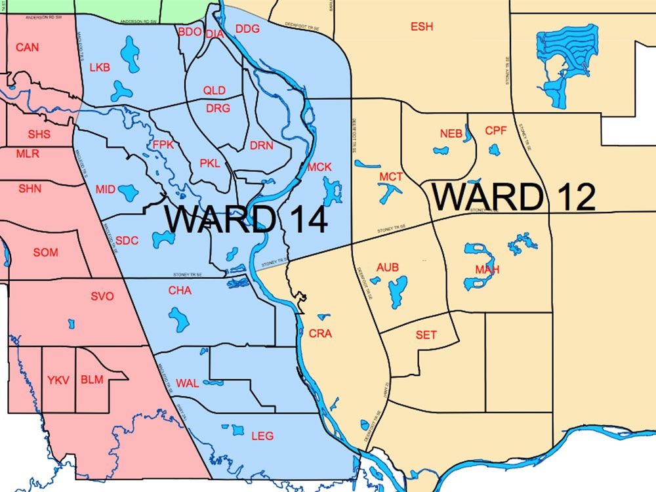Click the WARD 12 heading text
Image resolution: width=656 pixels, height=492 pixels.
click(514, 197)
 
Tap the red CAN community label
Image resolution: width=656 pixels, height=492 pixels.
click(28, 47)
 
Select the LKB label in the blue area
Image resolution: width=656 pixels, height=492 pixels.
click(100, 68)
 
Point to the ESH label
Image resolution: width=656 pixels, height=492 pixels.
click(422, 27)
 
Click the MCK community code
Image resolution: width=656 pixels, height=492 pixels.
click(319, 167)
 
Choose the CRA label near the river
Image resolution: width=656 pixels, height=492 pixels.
click(320, 333)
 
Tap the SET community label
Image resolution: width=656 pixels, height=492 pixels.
click(426, 335)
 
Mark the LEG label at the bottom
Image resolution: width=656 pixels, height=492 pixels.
click(262, 436)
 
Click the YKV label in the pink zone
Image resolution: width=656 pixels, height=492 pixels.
click(58, 380)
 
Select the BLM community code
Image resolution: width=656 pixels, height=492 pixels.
click(92, 380)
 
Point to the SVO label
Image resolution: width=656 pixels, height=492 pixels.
click(102, 297)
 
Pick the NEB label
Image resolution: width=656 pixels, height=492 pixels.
click(451, 134)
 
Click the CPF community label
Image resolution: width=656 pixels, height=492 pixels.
click(496, 131)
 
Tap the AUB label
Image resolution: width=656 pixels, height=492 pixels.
click(388, 268)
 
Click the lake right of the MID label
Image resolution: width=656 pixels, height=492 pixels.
click(128, 192)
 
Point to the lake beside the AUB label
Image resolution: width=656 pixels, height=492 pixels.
click(398, 291)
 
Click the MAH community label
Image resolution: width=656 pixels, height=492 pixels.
click(487, 270)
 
